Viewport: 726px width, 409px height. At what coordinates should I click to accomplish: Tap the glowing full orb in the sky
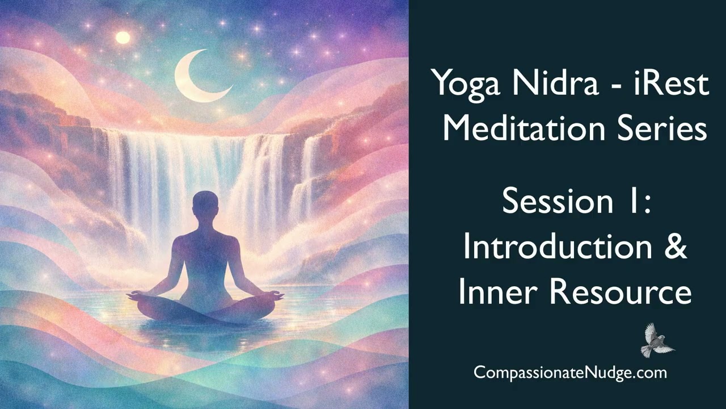click(123, 38)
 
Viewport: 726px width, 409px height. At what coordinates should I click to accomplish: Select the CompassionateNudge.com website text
click(570, 373)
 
